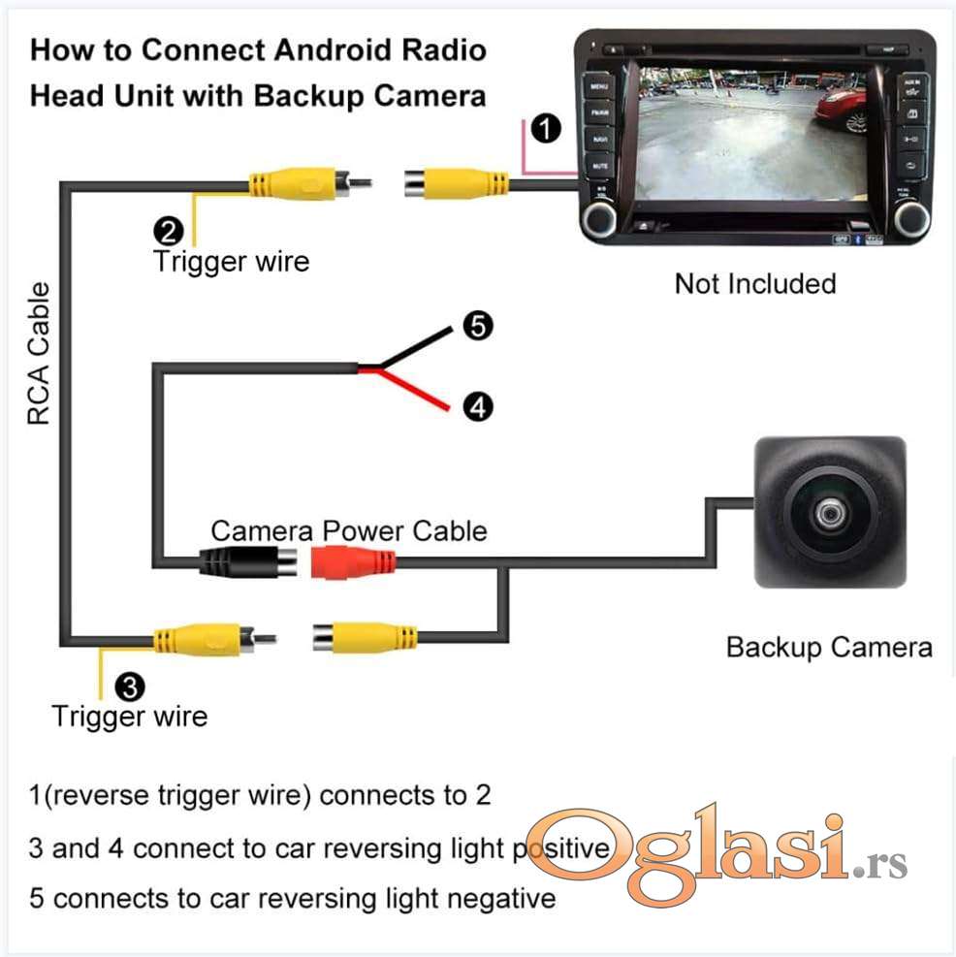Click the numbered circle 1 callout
547,128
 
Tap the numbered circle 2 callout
167,231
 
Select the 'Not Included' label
754,284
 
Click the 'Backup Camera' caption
829,648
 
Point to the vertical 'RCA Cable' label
39,354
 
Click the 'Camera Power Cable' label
349,531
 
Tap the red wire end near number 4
441,405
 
